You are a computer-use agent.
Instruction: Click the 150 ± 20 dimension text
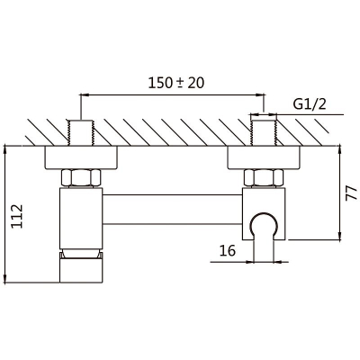(x=176, y=83)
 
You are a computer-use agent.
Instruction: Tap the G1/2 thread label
(x=310, y=104)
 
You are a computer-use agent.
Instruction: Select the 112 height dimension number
(x=17, y=216)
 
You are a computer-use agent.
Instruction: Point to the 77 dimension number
(x=351, y=193)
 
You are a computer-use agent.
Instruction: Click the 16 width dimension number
(x=228, y=251)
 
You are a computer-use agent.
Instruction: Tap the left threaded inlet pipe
(x=81, y=133)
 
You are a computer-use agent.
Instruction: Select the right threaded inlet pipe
(x=264, y=133)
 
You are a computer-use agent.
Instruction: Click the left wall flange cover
(x=81, y=157)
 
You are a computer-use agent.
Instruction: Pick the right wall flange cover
(x=264, y=157)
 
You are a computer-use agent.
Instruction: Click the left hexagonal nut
(x=81, y=178)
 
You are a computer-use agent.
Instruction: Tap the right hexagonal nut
(x=264, y=178)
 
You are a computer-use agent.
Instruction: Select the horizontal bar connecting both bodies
(x=173, y=209)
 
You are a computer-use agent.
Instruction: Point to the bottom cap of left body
(x=81, y=267)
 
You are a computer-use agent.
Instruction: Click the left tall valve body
(x=81, y=218)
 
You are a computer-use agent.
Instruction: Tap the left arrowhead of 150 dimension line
(x=85, y=95)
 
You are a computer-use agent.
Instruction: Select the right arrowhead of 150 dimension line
(x=260, y=95)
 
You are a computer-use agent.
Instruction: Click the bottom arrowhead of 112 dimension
(x=5, y=278)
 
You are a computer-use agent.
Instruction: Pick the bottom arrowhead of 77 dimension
(x=339, y=235)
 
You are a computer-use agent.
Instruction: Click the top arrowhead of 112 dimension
(x=5, y=151)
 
